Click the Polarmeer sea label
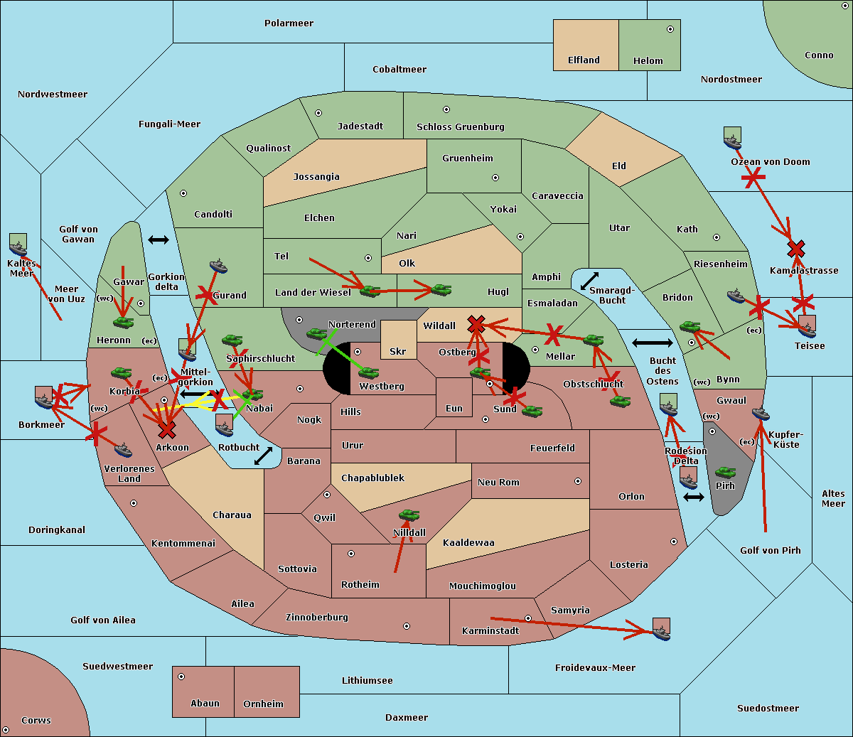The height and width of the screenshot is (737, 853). pos(289,23)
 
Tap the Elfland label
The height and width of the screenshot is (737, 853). pos(584,60)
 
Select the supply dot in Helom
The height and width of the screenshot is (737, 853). pos(670,29)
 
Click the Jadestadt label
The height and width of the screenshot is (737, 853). pos(360,127)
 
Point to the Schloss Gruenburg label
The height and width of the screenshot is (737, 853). pos(460,127)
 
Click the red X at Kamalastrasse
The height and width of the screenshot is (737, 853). pos(796,249)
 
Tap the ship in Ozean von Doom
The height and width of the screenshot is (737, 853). pos(732,139)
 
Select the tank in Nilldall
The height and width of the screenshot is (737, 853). pos(409,515)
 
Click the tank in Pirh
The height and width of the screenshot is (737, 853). pos(725,472)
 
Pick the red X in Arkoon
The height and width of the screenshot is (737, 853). pos(167,430)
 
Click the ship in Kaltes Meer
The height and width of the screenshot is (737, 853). pos(18,246)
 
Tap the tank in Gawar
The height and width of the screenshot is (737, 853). pos(123,322)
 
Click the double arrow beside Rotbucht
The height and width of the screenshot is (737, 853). pos(263,456)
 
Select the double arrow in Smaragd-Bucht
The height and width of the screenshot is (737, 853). pos(589,281)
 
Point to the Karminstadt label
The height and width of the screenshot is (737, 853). pos(490,631)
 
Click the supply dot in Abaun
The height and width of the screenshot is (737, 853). pos(181,677)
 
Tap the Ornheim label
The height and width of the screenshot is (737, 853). pos(263,704)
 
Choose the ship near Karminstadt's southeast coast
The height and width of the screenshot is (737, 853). pos(661,630)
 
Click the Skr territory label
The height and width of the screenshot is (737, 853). pos(397,352)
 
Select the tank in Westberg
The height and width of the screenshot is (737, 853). pos(368,372)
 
